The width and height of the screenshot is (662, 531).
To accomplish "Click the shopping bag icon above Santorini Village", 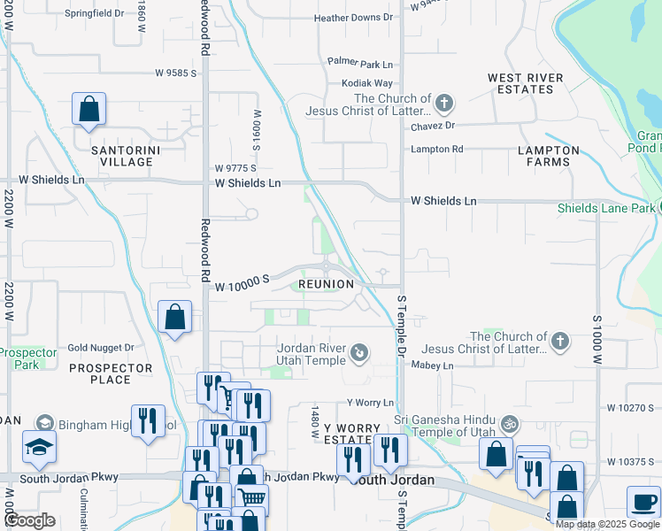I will coord(89,110).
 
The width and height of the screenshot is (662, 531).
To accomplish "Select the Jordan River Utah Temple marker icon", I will coord(359,354).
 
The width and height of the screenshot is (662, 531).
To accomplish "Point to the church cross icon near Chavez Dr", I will coord(443,104).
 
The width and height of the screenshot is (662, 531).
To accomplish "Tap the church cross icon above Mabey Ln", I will coord(559,342).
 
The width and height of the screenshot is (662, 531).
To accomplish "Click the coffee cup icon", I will coord(643,502).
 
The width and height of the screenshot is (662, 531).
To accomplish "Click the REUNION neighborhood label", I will coord(326,284).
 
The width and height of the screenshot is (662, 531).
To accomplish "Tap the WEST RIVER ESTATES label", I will coord(526,84).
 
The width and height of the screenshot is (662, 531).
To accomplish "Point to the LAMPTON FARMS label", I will coord(549,156).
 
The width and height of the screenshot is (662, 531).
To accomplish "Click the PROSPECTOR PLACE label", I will coord(111,373).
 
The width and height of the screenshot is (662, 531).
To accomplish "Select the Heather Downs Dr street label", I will coord(353,18).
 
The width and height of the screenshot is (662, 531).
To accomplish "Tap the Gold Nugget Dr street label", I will coord(100,348).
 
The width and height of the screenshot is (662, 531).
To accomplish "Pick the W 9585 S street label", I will coord(175,73).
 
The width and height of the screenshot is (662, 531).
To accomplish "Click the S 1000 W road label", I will coord(597,340).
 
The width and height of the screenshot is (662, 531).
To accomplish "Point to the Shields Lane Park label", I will coord(606,209).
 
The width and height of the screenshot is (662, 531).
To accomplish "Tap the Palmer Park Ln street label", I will coord(359,65).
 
